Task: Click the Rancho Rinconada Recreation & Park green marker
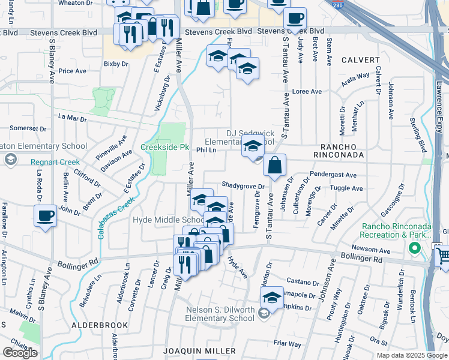(414, 248)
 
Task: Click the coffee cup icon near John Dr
(46, 216)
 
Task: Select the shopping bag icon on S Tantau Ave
(274, 166)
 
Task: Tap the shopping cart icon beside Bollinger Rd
(443, 256)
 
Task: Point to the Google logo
(20, 353)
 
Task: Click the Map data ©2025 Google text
(412, 355)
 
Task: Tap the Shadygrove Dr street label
(243, 185)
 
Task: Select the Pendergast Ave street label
(333, 175)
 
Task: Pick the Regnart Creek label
(54, 162)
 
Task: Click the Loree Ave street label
(307, 92)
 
